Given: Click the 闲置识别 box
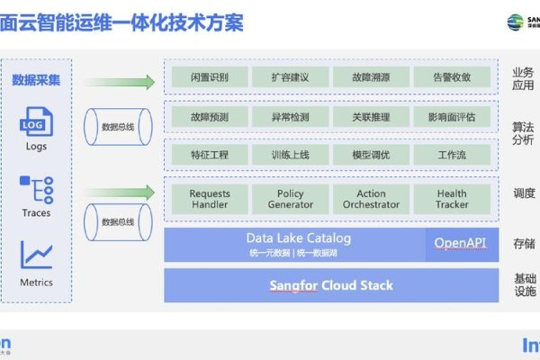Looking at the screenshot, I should (210, 77).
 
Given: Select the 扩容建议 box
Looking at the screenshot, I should (290, 77).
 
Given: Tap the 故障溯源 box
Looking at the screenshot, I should (371, 77).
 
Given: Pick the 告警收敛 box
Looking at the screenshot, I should (452, 77).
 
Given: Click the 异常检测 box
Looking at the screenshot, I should (290, 116).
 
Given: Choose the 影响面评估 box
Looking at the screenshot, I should (452, 116).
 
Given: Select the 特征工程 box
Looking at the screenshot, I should (210, 155).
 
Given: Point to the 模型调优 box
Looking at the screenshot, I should (371, 155).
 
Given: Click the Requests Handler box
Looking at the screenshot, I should (210, 199).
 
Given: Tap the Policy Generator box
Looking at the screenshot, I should (290, 199).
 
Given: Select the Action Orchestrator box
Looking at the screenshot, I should (371, 199).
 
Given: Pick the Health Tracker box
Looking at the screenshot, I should (452, 199).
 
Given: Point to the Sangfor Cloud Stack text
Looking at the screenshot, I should (331, 286).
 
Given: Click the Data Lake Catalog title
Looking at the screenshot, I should (299, 238).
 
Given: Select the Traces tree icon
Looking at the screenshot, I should (37, 190).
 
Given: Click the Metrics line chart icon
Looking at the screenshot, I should (37, 256).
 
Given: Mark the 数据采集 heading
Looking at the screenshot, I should (37, 80).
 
